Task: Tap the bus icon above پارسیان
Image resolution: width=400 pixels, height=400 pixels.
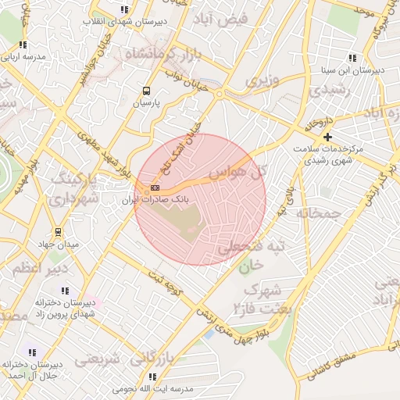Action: click(x=145, y=90)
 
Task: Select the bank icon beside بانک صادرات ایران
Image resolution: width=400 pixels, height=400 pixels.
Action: click(x=155, y=187)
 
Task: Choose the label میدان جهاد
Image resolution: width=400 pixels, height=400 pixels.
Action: click(x=57, y=244)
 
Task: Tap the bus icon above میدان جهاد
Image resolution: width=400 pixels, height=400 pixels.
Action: click(x=57, y=231)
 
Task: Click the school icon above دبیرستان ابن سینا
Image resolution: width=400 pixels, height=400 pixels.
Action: click(x=352, y=58)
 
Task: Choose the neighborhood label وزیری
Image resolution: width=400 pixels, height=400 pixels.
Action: click(x=262, y=80)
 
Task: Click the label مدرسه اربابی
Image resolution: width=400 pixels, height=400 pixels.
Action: click(x=23, y=57)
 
